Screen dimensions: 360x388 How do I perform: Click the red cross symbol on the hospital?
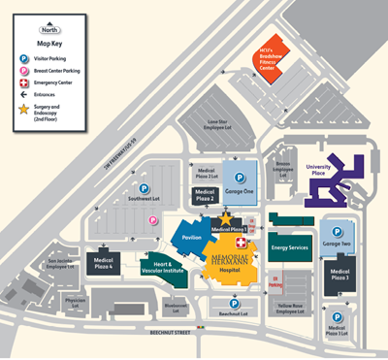242,239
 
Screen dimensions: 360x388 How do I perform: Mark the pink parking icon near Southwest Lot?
152,220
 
